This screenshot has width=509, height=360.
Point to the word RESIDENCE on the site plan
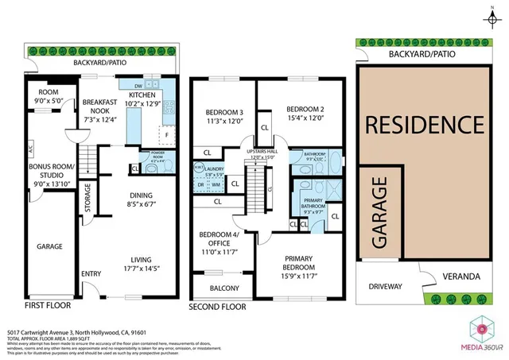[x=423, y=124]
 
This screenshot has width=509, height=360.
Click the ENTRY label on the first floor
[x=91, y=275]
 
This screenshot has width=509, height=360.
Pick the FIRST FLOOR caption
[x=47, y=306]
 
